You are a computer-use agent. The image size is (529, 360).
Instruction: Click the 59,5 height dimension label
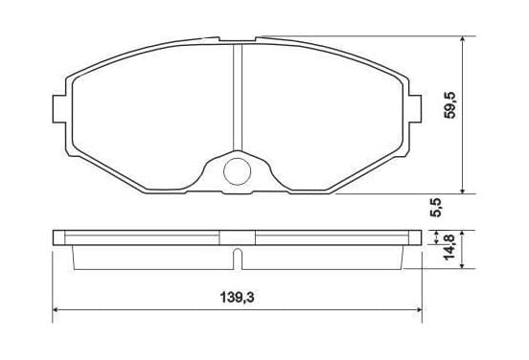click(450, 104)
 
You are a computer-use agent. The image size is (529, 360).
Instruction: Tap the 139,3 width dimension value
click(237, 298)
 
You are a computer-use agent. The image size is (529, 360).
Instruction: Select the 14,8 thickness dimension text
click(449, 247)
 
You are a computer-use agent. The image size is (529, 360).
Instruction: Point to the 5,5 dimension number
click(435, 208)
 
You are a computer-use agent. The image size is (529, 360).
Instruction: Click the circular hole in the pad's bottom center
click(237, 171)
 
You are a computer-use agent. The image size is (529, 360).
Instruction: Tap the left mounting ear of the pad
click(59, 108)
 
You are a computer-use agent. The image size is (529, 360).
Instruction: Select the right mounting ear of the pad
click(415, 108)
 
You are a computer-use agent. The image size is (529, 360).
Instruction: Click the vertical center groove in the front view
click(238, 98)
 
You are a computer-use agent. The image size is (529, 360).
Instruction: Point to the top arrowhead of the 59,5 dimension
click(463, 39)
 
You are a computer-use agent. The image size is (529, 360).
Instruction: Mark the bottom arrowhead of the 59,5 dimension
click(463, 191)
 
